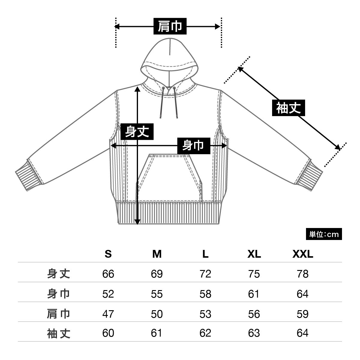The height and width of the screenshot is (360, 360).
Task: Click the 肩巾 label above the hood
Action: click(x=170, y=26)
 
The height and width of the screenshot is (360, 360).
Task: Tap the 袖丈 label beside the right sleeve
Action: click(x=288, y=108)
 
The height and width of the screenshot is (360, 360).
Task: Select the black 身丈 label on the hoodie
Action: click(x=137, y=131)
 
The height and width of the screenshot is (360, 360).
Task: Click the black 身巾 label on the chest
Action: click(x=193, y=146)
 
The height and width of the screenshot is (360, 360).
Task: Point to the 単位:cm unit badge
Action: click(x=324, y=234)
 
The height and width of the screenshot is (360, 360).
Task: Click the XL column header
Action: click(x=254, y=254)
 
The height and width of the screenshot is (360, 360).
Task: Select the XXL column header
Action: click(x=302, y=254)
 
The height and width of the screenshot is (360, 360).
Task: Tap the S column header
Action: click(x=108, y=254)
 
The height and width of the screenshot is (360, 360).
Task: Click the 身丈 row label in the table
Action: click(x=59, y=274)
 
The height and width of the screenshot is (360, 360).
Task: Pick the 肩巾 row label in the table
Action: click(x=59, y=313)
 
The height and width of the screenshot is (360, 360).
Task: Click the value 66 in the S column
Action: click(x=108, y=274)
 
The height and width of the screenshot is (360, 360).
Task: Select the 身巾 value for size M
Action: click(x=157, y=294)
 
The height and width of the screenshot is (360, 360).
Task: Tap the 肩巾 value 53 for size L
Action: click(x=205, y=313)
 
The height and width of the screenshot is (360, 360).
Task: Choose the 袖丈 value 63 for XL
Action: click(x=254, y=333)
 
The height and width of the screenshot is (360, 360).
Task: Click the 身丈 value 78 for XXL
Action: click(x=302, y=274)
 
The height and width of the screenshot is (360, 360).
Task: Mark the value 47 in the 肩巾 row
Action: click(x=108, y=313)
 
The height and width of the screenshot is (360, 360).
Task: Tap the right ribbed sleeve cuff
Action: click(x=309, y=177)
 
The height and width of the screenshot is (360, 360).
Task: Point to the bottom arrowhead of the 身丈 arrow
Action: click(x=137, y=222)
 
